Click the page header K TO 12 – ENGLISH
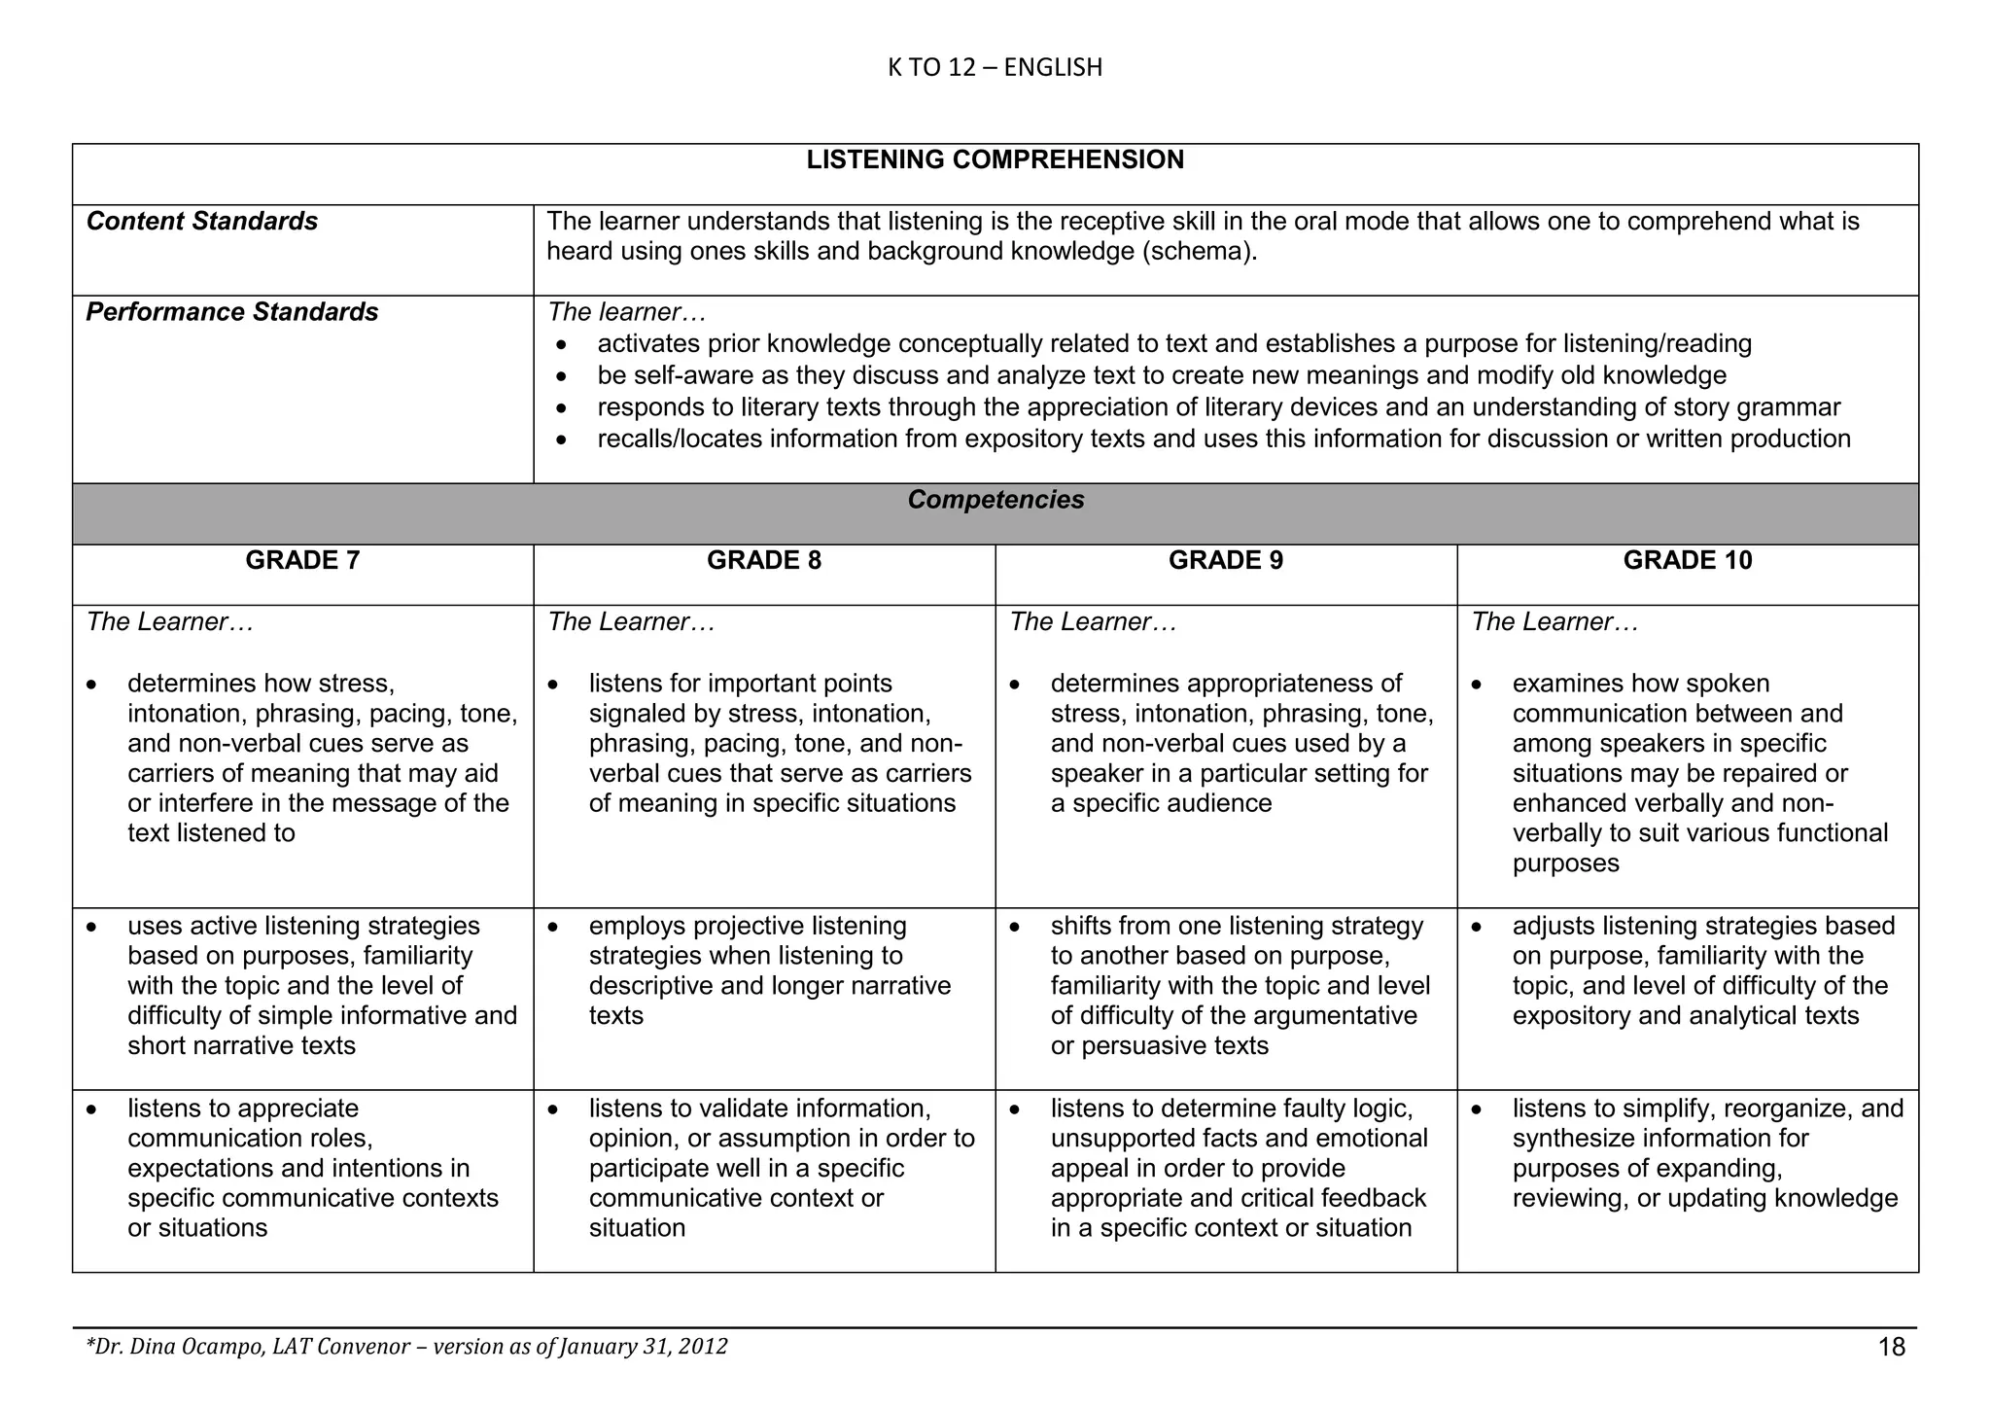[x=995, y=67]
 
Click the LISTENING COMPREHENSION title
[x=995, y=160]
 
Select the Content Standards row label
[x=202, y=222]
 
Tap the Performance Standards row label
[x=232, y=312]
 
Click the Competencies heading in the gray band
[x=995, y=500]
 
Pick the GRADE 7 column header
[x=302, y=560]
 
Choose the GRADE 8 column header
[x=764, y=560]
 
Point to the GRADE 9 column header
[x=1225, y=560]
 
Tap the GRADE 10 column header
[x=1688, y=560]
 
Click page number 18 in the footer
[x=1892, y=1347]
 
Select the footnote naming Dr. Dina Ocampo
[x=406, y=1347]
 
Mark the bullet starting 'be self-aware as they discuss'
[x=1162, y=375]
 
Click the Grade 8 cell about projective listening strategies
[x=768, y=970]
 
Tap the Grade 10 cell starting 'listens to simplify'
[x=1706, y=1153]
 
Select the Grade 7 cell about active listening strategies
[x=321, y=985]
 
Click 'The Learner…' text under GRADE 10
[x=1554, y=622]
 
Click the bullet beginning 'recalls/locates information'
[x=1223, y=440]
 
